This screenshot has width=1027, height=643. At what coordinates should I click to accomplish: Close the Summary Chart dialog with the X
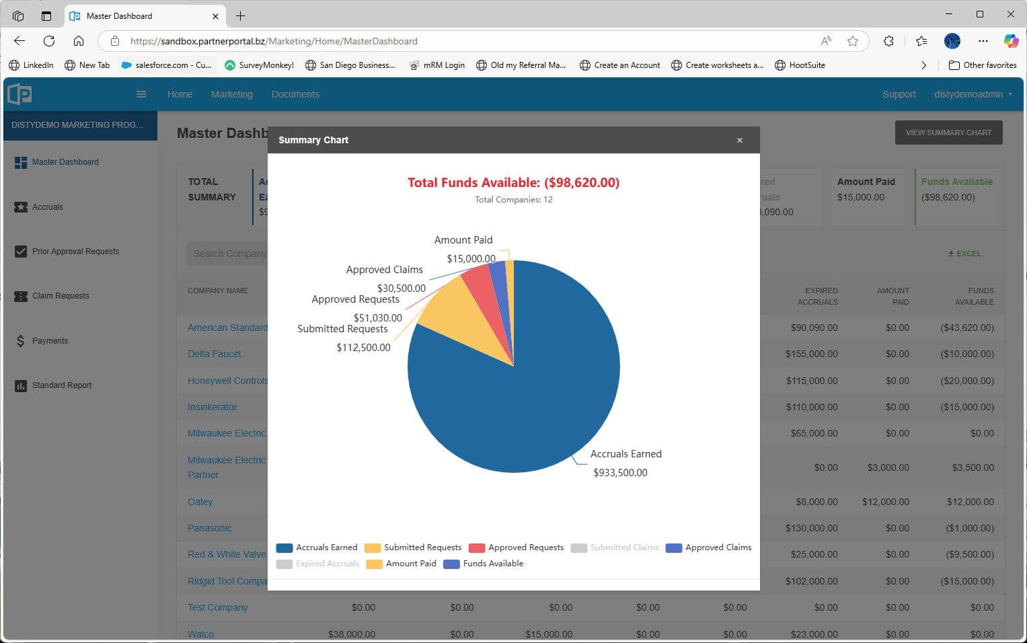click(739, 141)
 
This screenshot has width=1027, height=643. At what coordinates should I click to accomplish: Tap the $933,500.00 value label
click(620, 473)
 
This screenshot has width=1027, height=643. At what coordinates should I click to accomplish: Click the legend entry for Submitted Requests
click(414, 547)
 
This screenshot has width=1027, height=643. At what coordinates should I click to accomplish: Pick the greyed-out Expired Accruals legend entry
click(318, 564)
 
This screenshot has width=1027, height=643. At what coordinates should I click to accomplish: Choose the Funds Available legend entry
click(484, 564)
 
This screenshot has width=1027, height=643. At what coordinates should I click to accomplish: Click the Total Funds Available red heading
click(513, 182)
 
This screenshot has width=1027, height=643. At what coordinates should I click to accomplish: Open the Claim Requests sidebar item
click(61, 296)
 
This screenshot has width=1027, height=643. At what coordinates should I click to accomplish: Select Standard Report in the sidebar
click(62, 385)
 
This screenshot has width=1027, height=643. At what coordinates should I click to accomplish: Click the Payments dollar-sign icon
click(20, 341)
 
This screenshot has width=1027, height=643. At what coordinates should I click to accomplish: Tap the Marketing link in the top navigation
click(231, 94)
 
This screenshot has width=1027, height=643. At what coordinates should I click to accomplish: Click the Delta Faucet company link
click(214, 354)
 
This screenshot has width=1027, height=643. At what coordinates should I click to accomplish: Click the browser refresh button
click(49, 41)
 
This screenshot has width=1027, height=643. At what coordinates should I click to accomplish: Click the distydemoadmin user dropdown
click(973, 94)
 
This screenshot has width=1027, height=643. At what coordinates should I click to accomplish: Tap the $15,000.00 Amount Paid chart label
click(471, 258)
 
